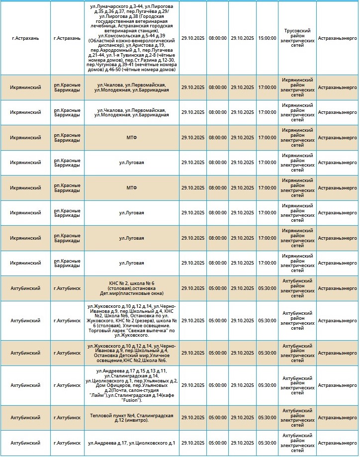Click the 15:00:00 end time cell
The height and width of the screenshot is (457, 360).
267,38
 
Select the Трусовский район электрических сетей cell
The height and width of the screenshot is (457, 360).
297,38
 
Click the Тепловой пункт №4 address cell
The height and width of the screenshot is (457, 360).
131,418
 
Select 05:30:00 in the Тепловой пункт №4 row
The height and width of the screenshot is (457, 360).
267,418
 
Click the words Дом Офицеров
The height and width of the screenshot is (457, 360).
105,385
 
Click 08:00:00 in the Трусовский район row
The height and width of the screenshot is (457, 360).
217,38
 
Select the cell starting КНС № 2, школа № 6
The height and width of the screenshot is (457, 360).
131,288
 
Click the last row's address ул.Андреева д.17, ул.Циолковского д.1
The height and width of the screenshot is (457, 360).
131,443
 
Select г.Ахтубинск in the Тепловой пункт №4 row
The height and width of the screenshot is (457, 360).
67,418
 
